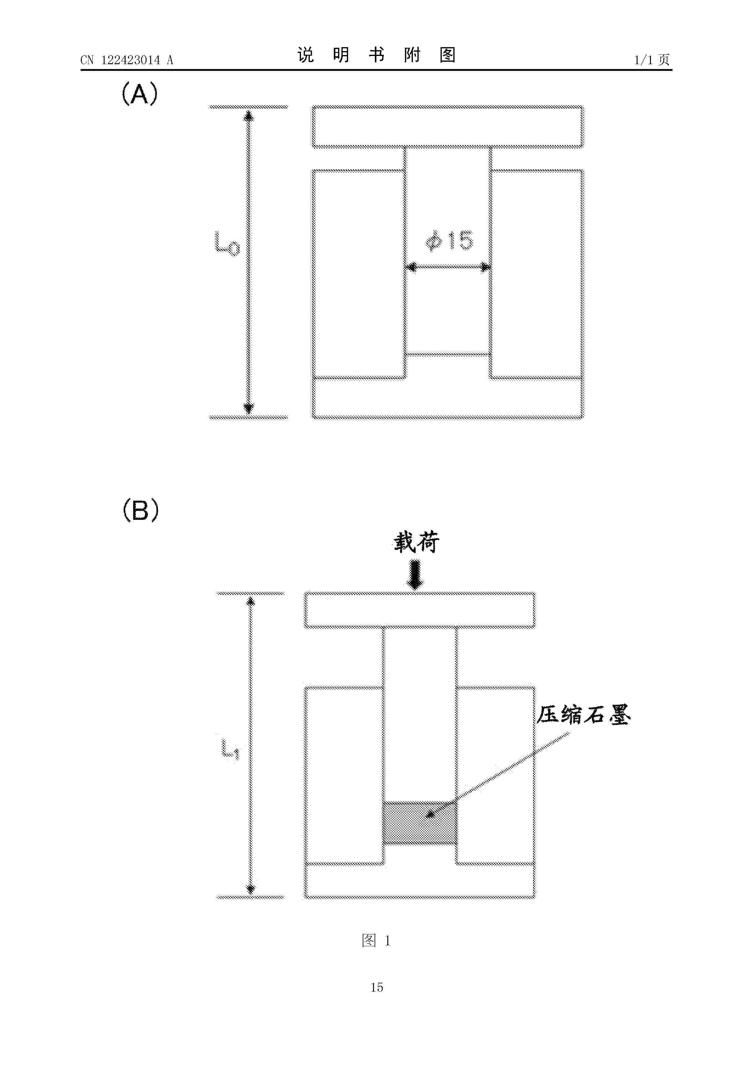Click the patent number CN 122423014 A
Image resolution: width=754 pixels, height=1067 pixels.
click(126, 60)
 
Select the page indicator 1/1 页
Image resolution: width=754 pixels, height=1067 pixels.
click(652, 60)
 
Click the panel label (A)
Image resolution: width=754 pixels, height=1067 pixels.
click(140, 94)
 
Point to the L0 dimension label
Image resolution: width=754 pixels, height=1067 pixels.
click(227, 244)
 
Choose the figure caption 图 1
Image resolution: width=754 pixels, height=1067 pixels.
click(376, 940)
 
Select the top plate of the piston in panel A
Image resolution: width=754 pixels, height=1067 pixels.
click(447, 127)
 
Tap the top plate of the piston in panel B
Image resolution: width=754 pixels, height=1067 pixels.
click(420, 610)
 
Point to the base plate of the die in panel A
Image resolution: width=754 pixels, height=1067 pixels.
click(447, 398)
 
